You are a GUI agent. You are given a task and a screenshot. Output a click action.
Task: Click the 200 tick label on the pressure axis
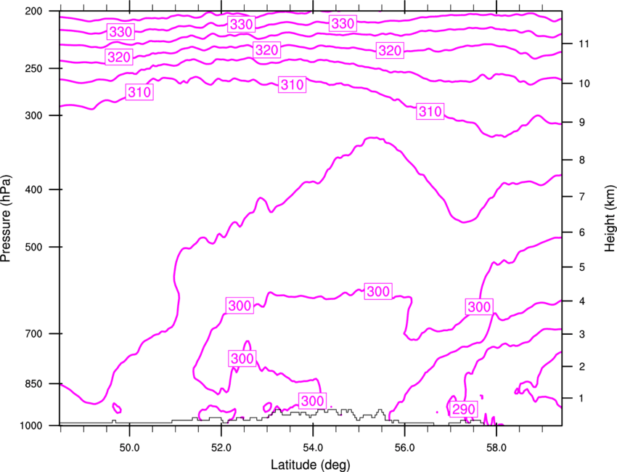tap(33, 11)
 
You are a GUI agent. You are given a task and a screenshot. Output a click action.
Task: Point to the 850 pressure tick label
tap(33, 384)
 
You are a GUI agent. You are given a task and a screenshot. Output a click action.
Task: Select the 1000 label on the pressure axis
tap(30, 426)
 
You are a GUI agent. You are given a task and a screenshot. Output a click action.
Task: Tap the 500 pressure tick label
tap(33, 247)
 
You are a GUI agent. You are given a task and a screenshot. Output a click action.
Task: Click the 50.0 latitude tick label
tap(129, 448)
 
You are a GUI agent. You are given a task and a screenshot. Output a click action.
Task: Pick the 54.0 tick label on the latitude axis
tap(313, 448)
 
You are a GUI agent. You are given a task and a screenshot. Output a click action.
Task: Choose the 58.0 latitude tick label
tap(497, 448)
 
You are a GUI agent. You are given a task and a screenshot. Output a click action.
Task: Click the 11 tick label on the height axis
tap(584, 44)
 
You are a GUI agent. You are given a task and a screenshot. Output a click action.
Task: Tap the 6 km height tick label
tap(582, 232)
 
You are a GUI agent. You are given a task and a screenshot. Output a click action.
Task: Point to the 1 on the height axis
tap(581, 399)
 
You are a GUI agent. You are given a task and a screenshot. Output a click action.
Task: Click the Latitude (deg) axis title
tap(311, 465)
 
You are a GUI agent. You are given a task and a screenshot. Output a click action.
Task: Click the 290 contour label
tap(464, 410)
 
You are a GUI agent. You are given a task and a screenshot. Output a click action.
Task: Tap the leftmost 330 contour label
tap(120, 32)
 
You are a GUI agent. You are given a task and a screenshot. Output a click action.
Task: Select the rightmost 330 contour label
tap(343, 24)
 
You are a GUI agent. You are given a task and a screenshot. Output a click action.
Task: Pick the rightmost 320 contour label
tap(390, 50)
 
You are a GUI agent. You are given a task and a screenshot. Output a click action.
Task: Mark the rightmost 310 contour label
tap(430, 111)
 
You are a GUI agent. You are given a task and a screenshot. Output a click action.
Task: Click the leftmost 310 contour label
tap(139, 92)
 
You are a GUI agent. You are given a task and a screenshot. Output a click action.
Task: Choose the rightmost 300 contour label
tap(479, 306)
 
